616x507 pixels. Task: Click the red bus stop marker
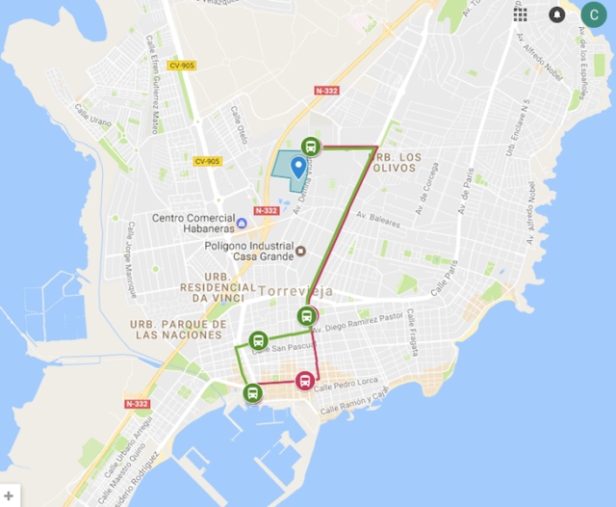305,381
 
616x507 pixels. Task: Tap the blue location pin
298,168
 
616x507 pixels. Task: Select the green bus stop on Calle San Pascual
258,340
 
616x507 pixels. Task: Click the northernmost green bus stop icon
310,147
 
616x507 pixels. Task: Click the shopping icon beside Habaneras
242,224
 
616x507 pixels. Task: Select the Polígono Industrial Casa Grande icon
300,252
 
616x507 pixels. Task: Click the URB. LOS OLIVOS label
396,161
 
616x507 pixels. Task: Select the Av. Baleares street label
377,221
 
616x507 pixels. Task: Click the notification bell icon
557,14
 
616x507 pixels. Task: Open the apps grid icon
520,13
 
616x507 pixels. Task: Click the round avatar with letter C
593,14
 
